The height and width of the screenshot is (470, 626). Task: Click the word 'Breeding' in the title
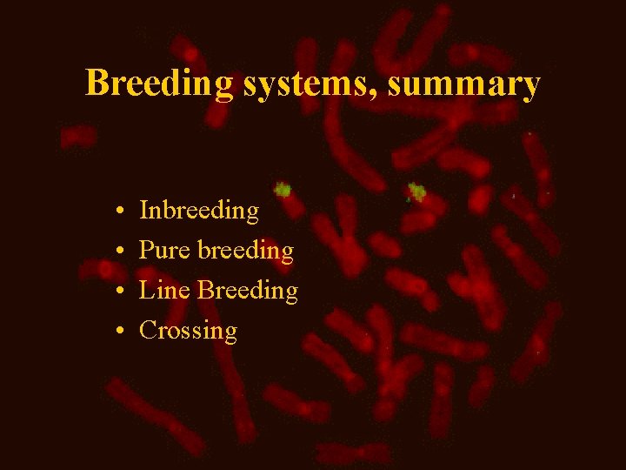click(159, 84)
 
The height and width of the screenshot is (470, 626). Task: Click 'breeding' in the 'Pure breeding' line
click(246, 252)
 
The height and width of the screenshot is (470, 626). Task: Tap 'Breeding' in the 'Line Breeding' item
click(248, 291)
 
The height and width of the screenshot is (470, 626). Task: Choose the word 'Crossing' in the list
click(188, 331)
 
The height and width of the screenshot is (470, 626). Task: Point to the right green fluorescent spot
click(416, 191)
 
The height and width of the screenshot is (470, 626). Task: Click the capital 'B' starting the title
click(97, 84)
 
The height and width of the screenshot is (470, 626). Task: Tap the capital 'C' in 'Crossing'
click(148, 330)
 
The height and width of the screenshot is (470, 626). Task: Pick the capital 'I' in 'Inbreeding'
click(144, 211)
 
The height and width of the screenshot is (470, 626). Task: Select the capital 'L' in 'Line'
click(147, 290)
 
